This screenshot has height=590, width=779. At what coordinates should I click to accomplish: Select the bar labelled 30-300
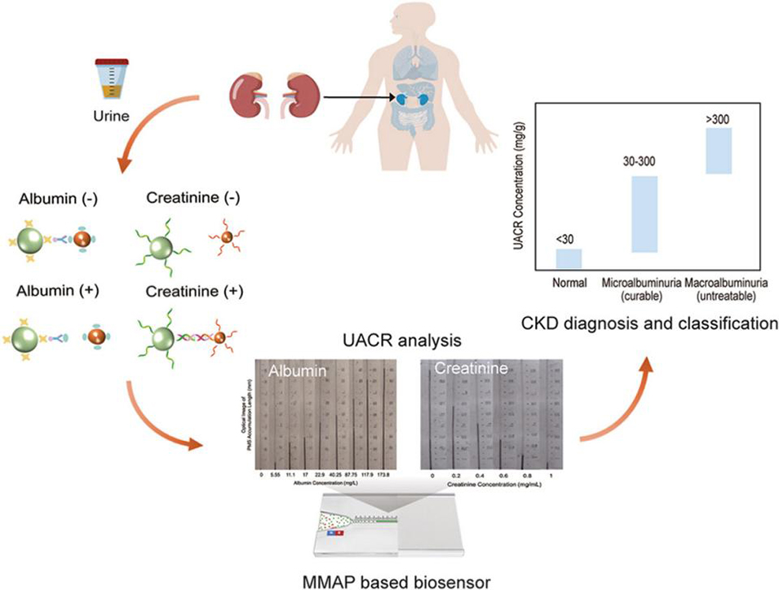pyautogui.click(x=644, y=214)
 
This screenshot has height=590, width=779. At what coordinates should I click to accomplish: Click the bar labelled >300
pyautogui.click(x=719, y=150)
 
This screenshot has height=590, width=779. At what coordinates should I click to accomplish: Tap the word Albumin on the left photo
pyautogui.click(x=296, y=372)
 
